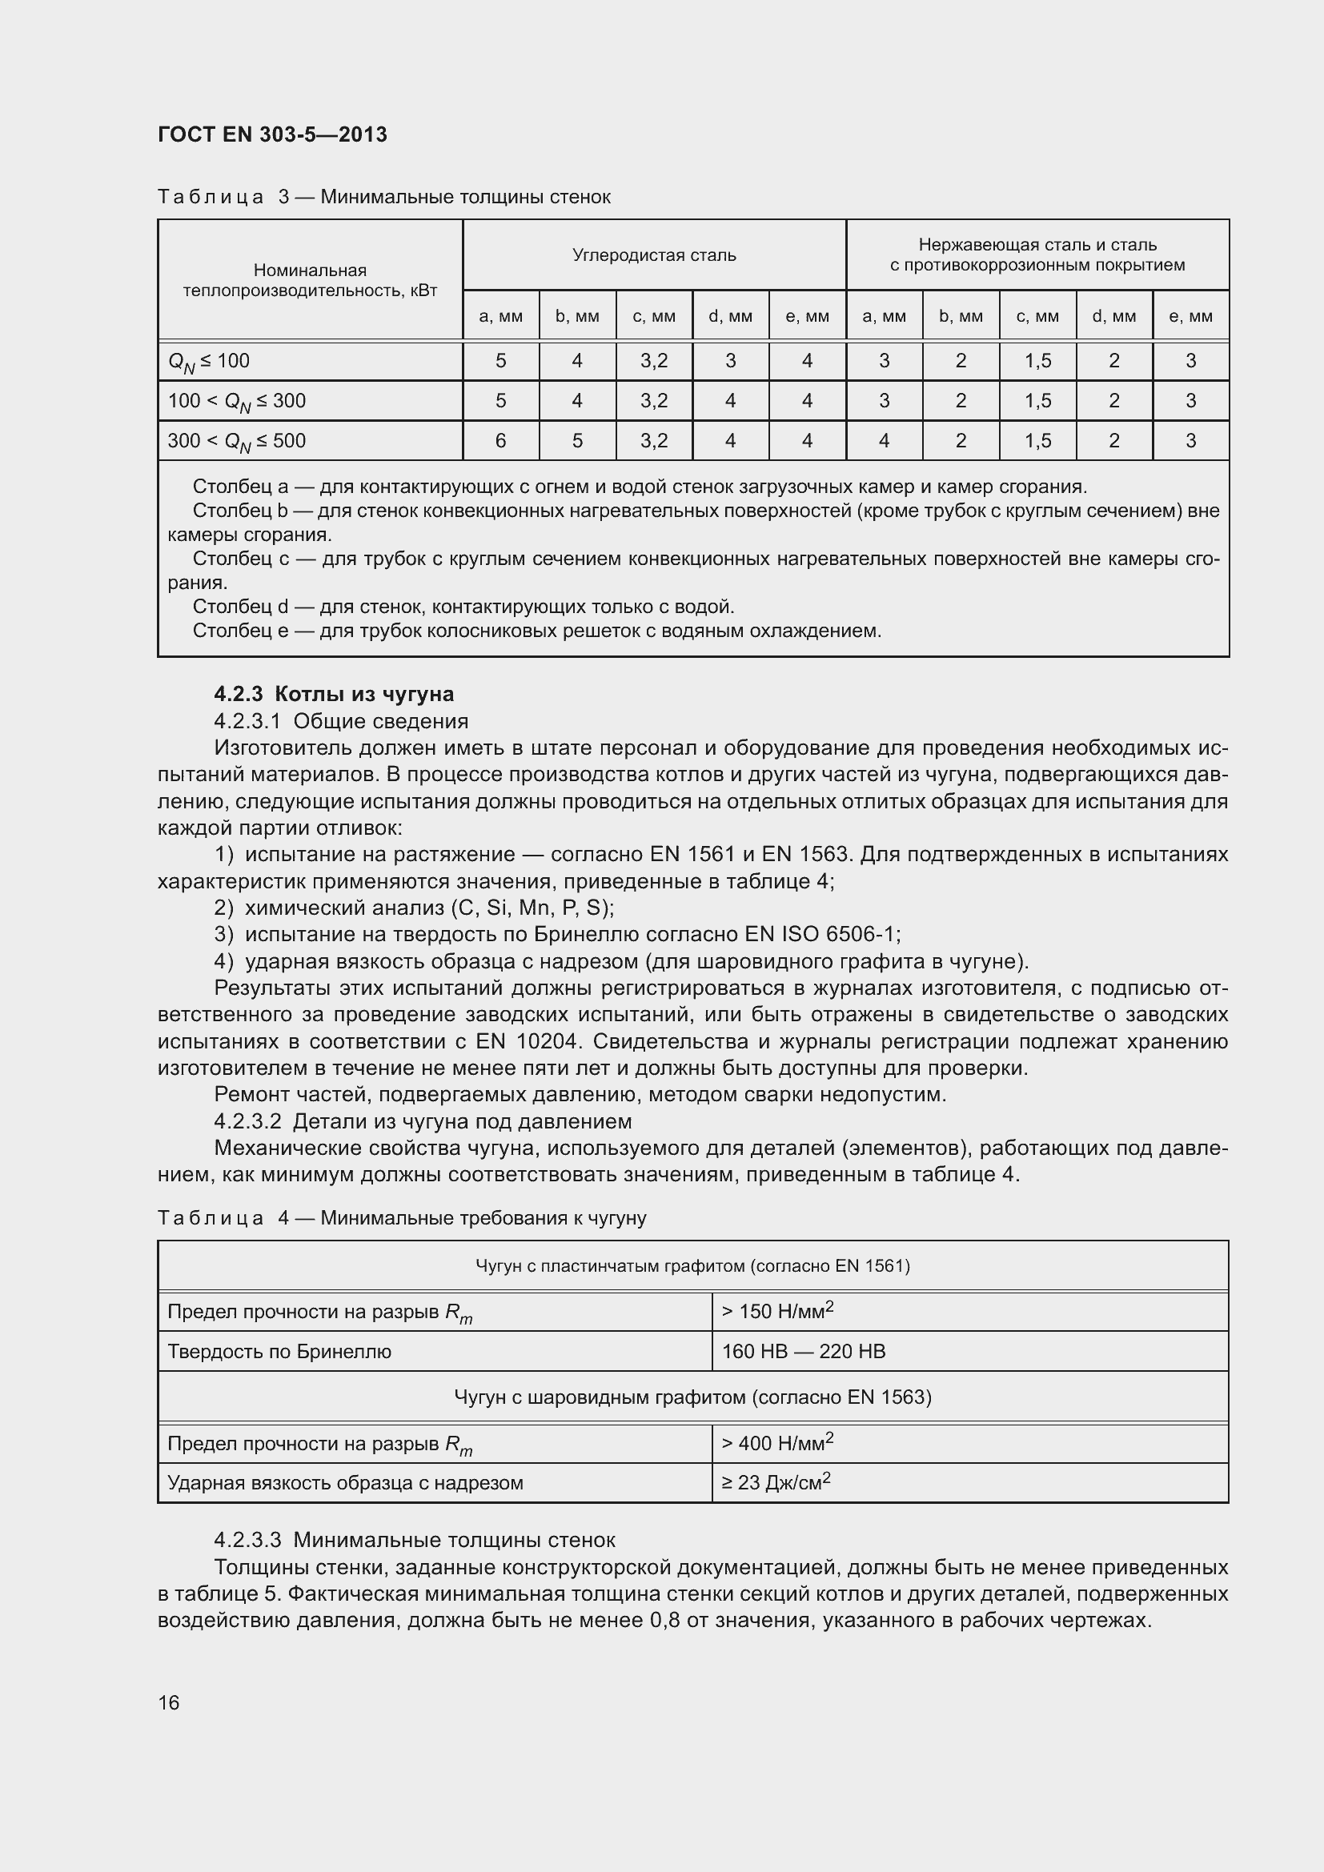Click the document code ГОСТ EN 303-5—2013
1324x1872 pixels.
[272, 134]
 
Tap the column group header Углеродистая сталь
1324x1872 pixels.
[654, 255]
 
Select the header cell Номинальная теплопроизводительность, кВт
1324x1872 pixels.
[310, 280]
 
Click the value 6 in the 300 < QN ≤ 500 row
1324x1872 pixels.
[500, 441]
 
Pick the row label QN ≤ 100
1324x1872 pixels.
[209, 361]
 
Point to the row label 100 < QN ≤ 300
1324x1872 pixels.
[236, 401]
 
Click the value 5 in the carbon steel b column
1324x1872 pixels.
[577, 441]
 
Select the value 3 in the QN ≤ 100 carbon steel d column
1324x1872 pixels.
[731, 361]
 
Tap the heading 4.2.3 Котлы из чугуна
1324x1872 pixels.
[334, 694]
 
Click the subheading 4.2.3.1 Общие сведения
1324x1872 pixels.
[341, 721]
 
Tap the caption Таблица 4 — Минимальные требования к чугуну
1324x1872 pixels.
[401, 1218]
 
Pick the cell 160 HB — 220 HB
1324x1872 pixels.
[803, 1351]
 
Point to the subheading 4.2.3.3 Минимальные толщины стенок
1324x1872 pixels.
[414, 1540]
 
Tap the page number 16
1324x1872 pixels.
[169, 1702]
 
